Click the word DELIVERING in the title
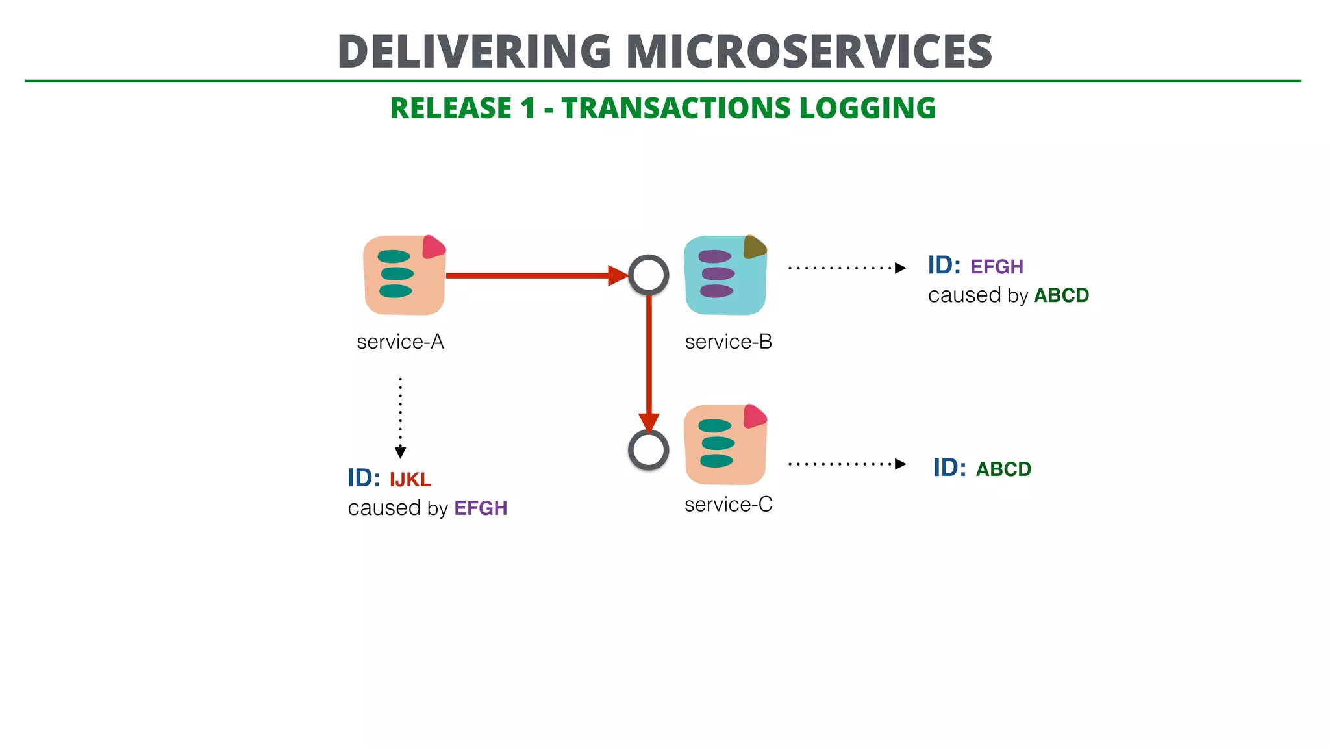pos(474,52)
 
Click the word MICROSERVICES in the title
pos(809,52)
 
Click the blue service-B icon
pos(725,276)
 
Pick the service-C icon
pos(725,445)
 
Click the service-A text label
pos(400,342)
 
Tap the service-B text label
pos(728,342)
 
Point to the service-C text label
pos(728,505)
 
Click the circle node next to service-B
pos(648,275)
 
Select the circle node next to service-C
pos(648,449)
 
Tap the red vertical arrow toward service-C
pos(648,357)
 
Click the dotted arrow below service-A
pos(400,416)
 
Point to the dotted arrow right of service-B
pos(844,268)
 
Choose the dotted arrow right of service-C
pos(844,464)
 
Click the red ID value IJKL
pos(410,480)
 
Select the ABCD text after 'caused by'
pos(1061,295)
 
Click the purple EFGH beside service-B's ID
pos(996,267)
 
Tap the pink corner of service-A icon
pos(433,247)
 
